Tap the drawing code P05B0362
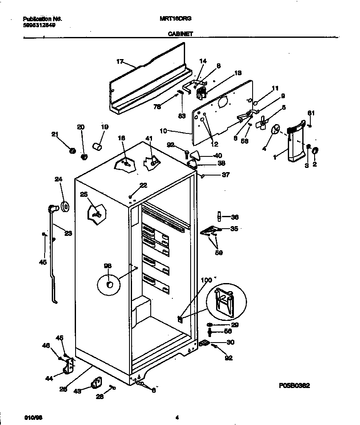pos(294,385)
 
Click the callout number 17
pos(120,62)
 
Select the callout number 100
pos(205,280)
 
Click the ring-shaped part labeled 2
pos(315,151)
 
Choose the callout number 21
pos(54,135)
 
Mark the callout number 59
pos(219,252)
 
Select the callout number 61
pos(311,113)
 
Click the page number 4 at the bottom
pos(177,417)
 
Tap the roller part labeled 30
pos(204,343)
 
